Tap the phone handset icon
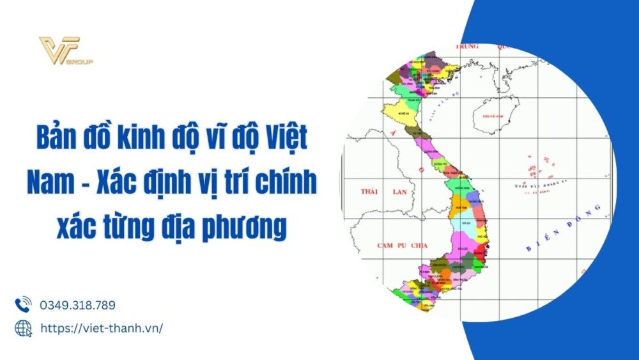23,304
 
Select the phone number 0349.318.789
77,305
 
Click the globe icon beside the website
23,327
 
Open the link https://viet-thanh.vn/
101,327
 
